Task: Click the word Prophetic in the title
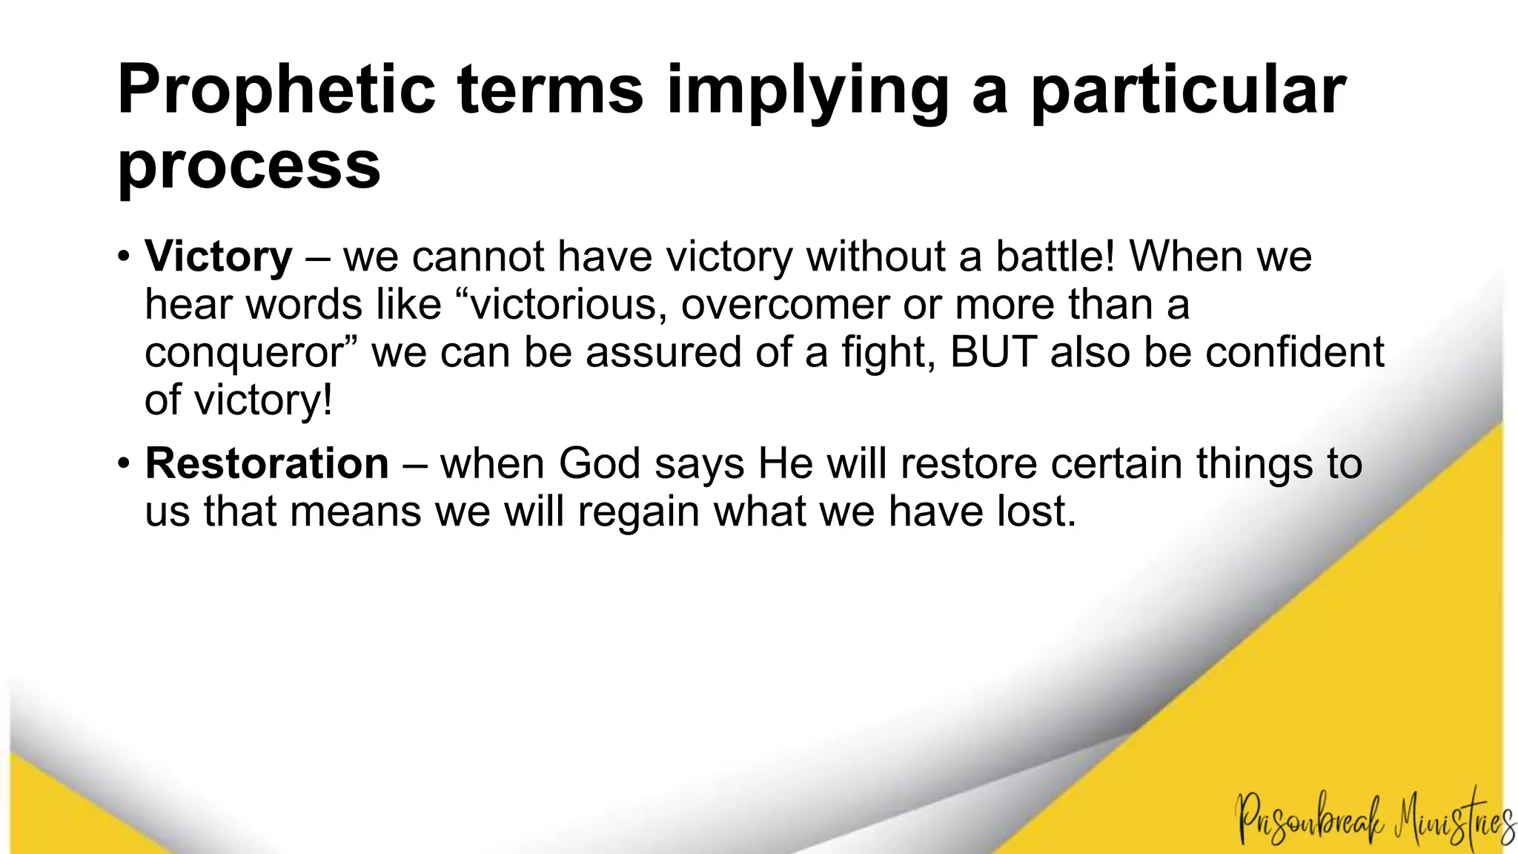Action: click(x=276, y=90)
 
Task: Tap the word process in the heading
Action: click(x=249, y=166)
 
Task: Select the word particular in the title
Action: click(x=1187, y=90)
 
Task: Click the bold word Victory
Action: click(x=219, y=256)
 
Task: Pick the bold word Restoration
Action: click(x=267, y=463)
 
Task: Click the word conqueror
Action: click(x=242, y=353)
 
